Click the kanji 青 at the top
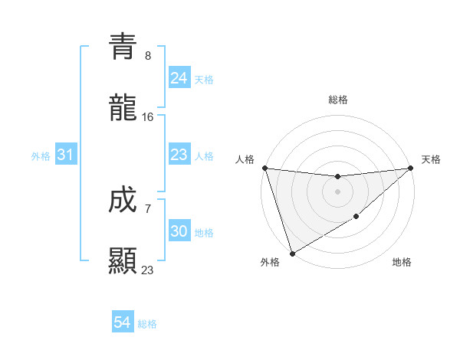[123, 47]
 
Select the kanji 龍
[123, 108]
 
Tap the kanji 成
[123, 201]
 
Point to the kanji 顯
[123, 260]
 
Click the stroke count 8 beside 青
[148, 56]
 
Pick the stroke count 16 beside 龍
[148, 116]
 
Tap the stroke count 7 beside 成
[148, 208]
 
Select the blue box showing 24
[179, 77]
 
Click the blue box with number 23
[179, 155]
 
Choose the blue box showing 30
[179, 231]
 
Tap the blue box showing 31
[65, 155]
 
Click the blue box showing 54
[122, 322]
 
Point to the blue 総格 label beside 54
[147, 324]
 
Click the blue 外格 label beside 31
[41, 156]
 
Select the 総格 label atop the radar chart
[338, 100]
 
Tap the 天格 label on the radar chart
[431, 159]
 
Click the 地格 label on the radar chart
[402, 263]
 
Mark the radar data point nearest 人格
[264, 168]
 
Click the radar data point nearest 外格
[292, 254]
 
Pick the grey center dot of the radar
[338, 191]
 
